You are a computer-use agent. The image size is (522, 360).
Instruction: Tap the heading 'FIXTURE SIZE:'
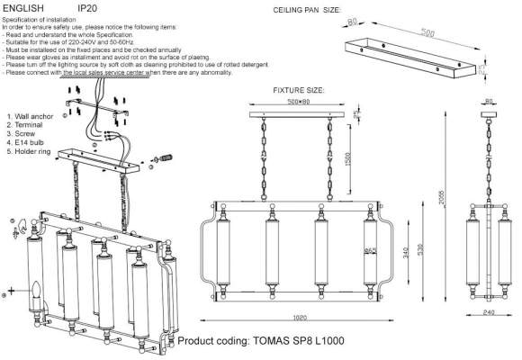[x=299, y=92]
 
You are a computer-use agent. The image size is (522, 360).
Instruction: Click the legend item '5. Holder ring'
[x=33, y=152]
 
